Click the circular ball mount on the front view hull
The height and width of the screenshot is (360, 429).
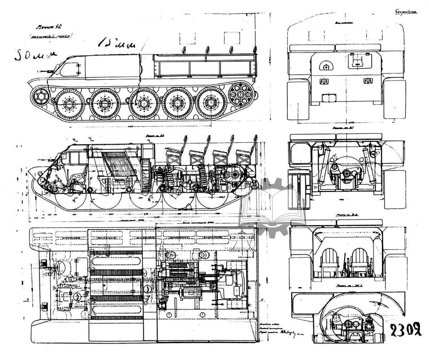coord(326,65)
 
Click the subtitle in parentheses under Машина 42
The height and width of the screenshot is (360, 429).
coord(51,36)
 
